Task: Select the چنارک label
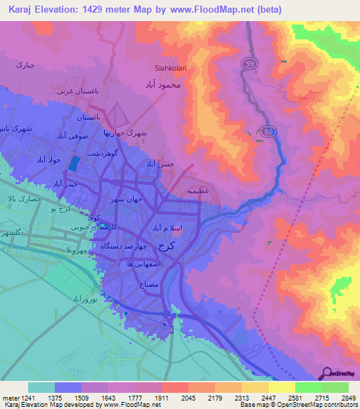tap(25, 64)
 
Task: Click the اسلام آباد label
tap(169, 228)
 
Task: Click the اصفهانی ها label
tap(134, 263)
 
